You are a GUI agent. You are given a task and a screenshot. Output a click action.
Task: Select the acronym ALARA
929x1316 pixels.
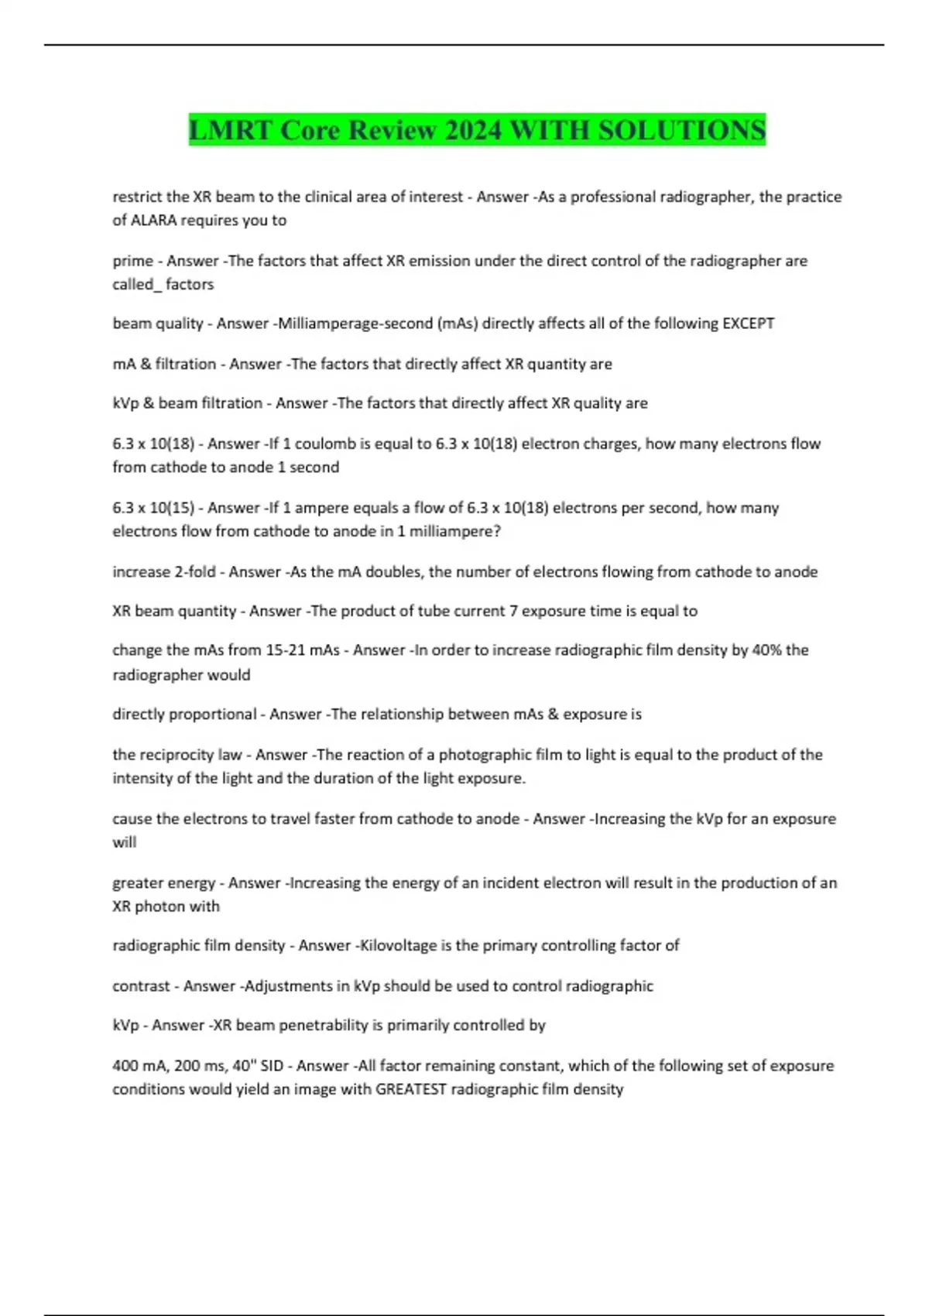(x=153, y=221)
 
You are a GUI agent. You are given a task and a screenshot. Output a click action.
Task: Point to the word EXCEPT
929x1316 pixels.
(x=748, y=324)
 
